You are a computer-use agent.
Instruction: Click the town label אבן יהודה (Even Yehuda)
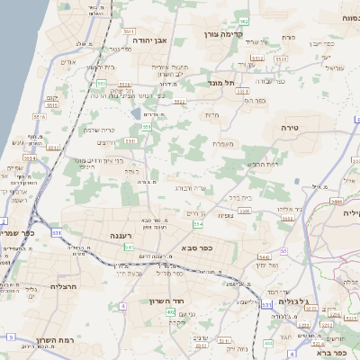pyautogui.click(x=157, y=41)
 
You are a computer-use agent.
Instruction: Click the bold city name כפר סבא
pyautogui.click(x=195, y=247)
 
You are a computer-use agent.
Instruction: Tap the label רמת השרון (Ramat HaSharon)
pyautogui.click(x=54, y=341)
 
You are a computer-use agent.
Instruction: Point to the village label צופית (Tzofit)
pyautogui.click(x=226, y=215)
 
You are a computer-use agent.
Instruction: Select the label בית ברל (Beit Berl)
pyautogui.click(x=241, y=196)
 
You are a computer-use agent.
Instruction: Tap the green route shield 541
pyautogui.click(x=130, y=247)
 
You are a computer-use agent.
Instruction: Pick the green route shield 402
pyautogui.click(x=171, y=311)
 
